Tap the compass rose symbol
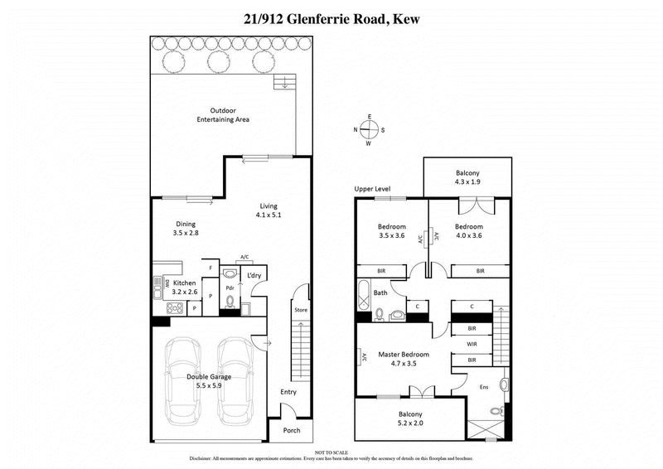pos(370,129)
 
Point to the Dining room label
pos(185,223)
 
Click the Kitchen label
pos(185,283)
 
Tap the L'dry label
pos(255,276)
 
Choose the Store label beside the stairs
pos(301,310)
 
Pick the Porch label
pos(292,430)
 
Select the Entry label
pos(288,392)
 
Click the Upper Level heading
pos(372,189)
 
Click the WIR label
pos(472,344)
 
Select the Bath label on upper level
pos(380,293)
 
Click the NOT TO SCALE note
pos(331,451)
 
